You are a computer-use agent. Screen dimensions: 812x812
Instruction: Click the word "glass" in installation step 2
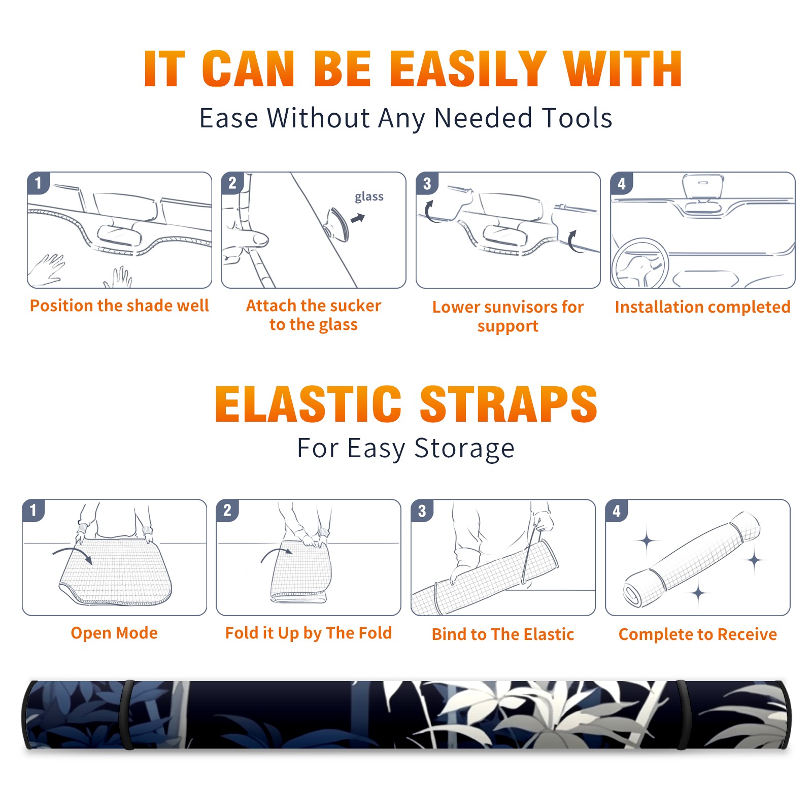[369, 197]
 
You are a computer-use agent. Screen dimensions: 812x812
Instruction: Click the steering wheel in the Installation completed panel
[640, 264]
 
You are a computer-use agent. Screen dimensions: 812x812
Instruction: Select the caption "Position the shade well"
[119, 306]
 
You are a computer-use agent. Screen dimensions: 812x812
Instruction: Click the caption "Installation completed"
[702, 307]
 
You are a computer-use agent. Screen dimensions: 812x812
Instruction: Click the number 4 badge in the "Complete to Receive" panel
[617, 511]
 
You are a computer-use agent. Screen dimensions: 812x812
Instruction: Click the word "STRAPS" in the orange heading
[509, 404]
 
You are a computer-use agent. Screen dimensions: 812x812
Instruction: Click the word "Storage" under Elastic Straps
[464, 449]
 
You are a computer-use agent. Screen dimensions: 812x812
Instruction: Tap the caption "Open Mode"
[114, 633]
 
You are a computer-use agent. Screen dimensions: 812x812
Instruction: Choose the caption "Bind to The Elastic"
[503, 634]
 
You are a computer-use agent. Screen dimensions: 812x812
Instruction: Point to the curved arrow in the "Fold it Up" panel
[276, 552]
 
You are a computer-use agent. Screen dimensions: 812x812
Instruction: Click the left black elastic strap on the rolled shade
[127, 715]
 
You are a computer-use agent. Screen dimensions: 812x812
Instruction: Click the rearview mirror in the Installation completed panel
[703, 186]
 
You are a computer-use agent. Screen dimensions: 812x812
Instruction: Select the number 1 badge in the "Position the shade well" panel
[39, 183]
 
